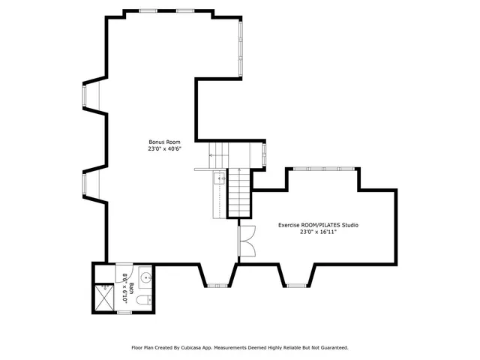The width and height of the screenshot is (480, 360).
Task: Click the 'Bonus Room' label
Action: (164, 142)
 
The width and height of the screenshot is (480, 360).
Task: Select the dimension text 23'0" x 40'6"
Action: (164, 149)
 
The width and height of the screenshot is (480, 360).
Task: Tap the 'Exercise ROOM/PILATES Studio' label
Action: (318, 225)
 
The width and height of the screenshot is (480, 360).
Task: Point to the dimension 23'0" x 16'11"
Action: (318, 232)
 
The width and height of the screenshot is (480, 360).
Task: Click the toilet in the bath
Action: (143, 301)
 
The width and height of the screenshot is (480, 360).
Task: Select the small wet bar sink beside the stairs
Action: (218, 178)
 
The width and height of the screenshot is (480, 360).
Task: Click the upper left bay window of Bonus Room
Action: (85, 96)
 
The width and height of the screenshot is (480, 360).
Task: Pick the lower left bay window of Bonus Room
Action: (85, 184)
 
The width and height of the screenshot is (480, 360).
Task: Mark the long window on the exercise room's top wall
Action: (324, 169)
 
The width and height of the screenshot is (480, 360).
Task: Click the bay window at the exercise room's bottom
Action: (297, 286)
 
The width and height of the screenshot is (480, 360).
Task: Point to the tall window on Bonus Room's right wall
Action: (240, 46)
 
